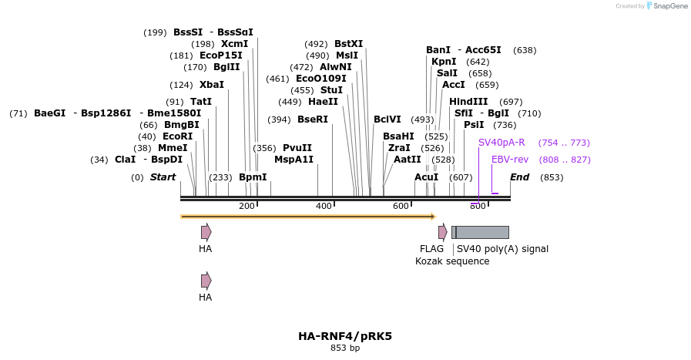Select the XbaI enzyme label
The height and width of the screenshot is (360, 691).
[x=211, y=85]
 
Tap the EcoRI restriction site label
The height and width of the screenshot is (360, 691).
[x=178, y=136]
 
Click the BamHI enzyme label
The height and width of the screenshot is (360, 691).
[x=398, y=136]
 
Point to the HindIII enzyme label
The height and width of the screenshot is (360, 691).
[x=468, y=102]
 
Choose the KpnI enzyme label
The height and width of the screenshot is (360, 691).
[x=444, y=62]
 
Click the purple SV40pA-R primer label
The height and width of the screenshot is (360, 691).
[x=501, y=143]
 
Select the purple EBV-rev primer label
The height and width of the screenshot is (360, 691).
[x=510, y=160]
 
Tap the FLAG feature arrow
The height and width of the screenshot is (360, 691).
[x=443, y=232]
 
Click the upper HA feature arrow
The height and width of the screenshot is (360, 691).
[x=206, y=232]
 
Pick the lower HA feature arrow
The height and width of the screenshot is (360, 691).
[x=206, y=281]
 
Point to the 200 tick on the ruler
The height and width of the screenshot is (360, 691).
[x=247, y=206]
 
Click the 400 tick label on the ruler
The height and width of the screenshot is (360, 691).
[x=324, y=206]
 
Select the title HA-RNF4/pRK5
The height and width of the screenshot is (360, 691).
[x=345, y=336]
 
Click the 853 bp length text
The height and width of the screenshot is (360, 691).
[x=345, y=348]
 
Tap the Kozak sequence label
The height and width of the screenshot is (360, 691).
[x=452, y=261]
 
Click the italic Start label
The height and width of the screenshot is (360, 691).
[x=163, y=177]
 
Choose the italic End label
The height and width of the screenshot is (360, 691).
[x=519, y=177]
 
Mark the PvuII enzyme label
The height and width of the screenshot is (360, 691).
[x=297, y=148]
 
